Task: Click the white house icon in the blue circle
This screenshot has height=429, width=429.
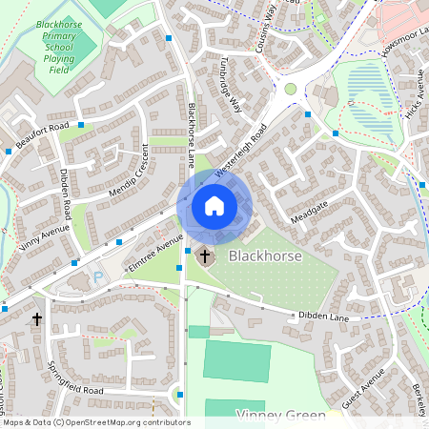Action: pyautogui.click(x=214, y=206)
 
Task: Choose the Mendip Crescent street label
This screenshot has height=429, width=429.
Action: pyautogui.click(x=130, y=173)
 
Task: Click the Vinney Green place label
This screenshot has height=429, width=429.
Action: pyautogui.click(x=280, y=416)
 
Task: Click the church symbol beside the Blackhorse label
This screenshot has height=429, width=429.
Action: pyautogui.click(x=204, y=256)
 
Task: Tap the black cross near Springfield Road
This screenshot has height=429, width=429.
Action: pyautogui.click(x=37, y=319)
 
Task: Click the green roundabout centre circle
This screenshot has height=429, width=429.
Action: pyautogui.click(x=291, y=89)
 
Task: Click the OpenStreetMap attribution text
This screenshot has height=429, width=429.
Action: pyautogui.click(x=95, y=422)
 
